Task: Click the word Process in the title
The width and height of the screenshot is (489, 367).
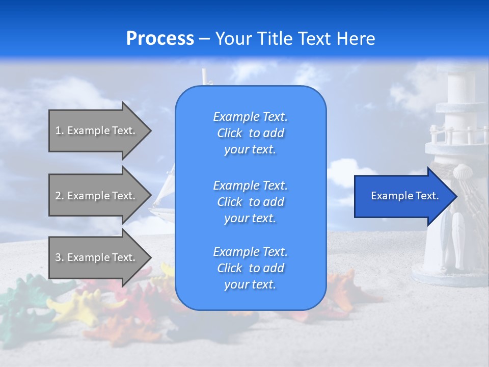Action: click(x=160, y=38)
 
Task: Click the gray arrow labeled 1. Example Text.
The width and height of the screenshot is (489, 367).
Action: click(x=100, y=130)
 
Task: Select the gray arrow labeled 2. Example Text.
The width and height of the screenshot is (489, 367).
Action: click(x=100, y=195)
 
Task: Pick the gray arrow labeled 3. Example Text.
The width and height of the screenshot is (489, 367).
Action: click(x=100, y=257)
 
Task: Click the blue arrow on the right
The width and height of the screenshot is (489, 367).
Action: click(x=405, y=196)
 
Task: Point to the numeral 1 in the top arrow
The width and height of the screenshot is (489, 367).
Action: click(x=58, y=130)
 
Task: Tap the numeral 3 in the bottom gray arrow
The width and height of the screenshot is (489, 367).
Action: click(x=58, y=257)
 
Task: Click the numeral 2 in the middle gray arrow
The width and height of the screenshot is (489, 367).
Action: click(x=58, y=195)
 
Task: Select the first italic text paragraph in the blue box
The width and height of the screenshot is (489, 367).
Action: click(x=251, y=133)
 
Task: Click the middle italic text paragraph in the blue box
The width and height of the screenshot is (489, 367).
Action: click(x=251, y=202)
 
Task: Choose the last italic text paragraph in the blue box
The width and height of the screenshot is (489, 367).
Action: click(x=251, y=268)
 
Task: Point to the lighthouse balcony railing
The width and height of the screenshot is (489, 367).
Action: click(x=458, y=134)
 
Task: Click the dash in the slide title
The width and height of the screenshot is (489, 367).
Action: click(x=205, y=39)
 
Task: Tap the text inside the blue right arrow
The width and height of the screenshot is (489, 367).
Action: click(x=405, y=196)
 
